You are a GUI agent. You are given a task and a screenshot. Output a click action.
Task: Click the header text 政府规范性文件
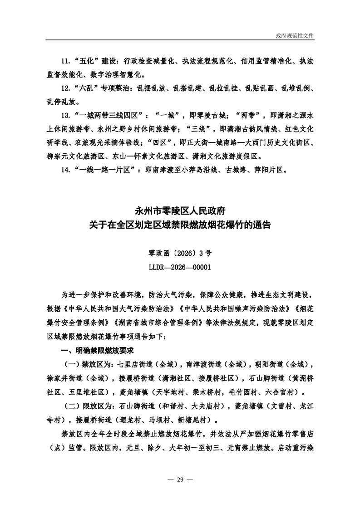(295, 35)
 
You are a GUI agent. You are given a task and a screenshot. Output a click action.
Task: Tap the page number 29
(180, 480)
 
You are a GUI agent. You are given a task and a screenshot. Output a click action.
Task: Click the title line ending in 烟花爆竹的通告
(180, 224)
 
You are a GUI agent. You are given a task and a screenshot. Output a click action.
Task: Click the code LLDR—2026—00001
(180, 267)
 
